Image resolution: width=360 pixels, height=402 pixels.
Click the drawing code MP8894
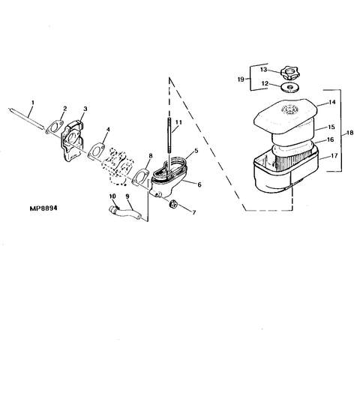[43, 208]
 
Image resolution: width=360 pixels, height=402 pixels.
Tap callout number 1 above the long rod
[33, 103]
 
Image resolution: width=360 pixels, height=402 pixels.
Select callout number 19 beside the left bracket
[241, 79]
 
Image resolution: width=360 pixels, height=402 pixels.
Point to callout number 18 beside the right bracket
[349, 133]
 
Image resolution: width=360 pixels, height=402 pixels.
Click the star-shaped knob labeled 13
[289, 73]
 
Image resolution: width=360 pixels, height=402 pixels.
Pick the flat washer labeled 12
[290, 88]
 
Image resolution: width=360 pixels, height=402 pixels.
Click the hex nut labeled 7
[174, 204]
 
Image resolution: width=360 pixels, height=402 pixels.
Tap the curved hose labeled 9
[124, 212]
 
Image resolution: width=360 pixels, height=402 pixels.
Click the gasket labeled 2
[54, 127]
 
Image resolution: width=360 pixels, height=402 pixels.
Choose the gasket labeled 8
[140, 176]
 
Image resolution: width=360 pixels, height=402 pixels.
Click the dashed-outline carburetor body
[118, 165]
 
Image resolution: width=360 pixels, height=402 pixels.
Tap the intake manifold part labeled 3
[73, 142]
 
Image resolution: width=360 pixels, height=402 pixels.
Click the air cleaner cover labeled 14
[286, 116]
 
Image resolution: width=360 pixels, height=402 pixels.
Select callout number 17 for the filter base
[334, 155]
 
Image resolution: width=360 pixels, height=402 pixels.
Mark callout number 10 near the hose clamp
[112, 196]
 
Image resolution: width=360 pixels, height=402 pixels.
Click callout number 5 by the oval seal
[196, 151]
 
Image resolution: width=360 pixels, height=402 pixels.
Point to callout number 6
[199, 184]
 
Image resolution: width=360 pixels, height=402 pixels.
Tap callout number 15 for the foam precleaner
[331, 127]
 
